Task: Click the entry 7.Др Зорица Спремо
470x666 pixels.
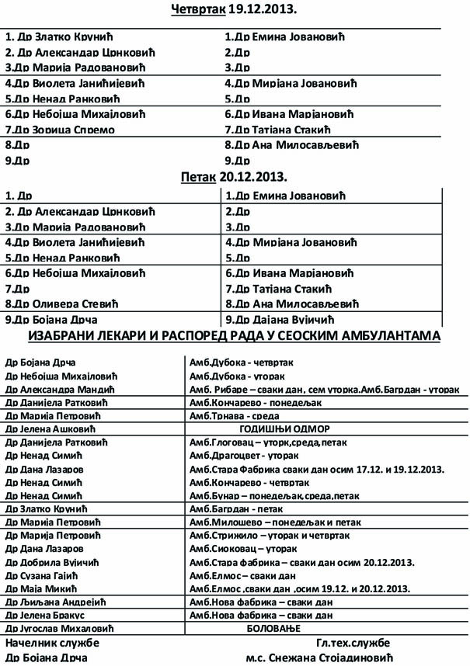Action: pyautogui.click(x=60, y=129)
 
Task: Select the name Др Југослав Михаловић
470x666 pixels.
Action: pyautogui.click(x=59, y=627)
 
